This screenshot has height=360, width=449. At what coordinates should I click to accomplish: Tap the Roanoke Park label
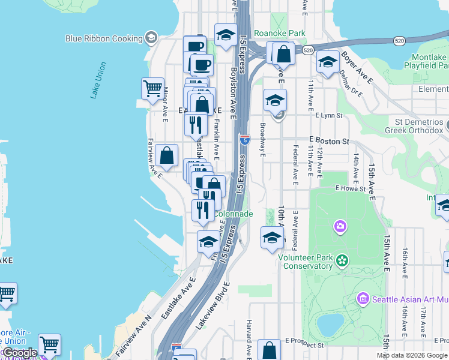pos(280,34)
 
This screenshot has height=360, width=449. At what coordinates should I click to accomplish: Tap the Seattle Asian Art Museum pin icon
pos(362,299)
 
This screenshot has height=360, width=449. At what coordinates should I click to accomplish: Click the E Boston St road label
pos(329,141)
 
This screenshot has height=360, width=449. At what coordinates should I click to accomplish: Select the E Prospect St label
pos(304,345)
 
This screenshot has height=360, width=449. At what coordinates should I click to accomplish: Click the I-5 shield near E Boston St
pos(244,140)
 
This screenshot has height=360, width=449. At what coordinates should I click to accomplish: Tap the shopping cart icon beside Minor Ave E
pos(152,88)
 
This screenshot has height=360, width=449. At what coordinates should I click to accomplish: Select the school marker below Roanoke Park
pos(275,100)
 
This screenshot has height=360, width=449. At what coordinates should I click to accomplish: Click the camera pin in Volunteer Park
pos(340,227)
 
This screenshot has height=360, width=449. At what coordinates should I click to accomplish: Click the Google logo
pos(20,353)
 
